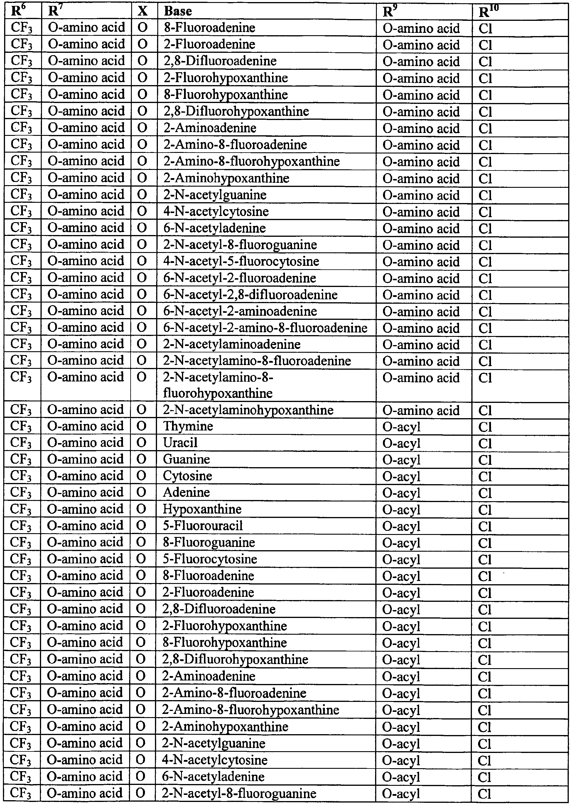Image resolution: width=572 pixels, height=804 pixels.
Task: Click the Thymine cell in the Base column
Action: (188, 426)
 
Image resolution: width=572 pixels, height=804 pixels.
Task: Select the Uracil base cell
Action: (180, 443)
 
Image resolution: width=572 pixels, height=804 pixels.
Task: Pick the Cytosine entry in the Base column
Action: (187, 476)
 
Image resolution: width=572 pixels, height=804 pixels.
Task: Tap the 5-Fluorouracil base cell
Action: (203, 526)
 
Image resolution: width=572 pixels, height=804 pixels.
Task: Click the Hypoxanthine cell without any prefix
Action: (202, 509)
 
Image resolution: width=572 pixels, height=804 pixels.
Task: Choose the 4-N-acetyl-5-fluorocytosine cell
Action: (241, 261)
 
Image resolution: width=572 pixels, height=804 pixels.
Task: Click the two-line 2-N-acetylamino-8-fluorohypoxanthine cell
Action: (218, 385)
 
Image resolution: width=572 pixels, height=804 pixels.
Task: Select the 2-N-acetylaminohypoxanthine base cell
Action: (248, 410)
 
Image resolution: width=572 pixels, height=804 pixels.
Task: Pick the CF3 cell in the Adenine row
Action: (21, 493)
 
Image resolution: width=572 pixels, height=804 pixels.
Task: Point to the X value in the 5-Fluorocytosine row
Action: (141, 559)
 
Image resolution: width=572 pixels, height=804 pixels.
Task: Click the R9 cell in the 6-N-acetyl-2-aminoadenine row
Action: (421, 312)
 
